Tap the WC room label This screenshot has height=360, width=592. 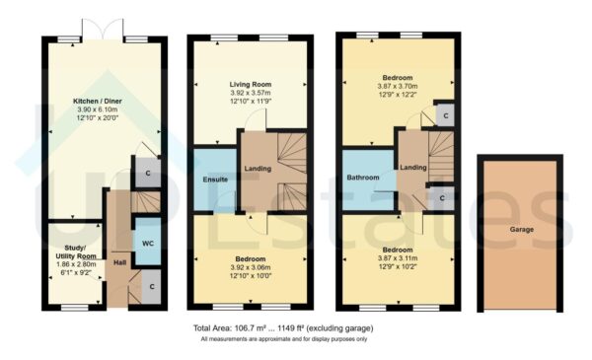(x=146, y=243)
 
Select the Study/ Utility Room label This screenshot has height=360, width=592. (x=70, y=252)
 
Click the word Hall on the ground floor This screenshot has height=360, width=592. (x=119, y=262)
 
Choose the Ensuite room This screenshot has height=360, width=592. (x=214, y=180)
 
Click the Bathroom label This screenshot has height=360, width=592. (x=364, y=179)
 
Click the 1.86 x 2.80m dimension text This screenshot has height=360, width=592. (x=70, y=266)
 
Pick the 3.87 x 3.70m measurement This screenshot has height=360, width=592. (x=393, y=87)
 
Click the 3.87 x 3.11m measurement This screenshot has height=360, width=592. (x=393, y=259)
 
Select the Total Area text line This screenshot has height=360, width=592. (x=283, y=327)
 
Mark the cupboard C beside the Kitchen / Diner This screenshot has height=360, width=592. (x=148, y=175)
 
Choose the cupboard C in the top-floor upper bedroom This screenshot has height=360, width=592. (x=446, y=114)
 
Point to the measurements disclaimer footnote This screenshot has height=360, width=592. (x=283, y=339)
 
